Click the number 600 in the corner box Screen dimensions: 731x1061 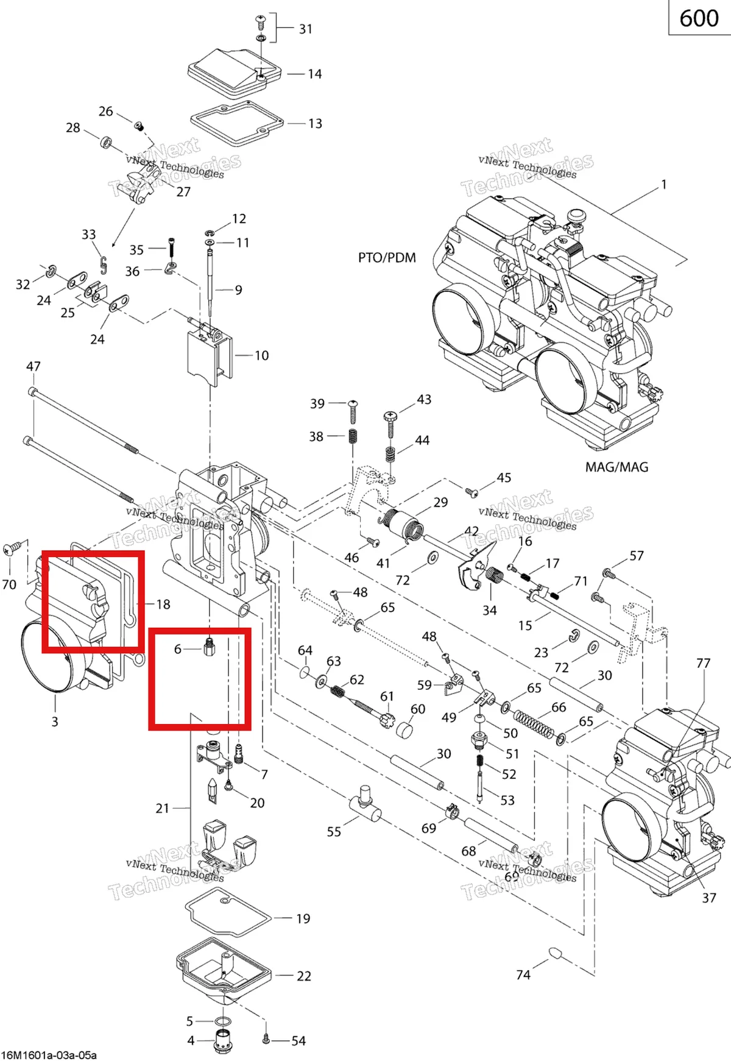pyautogui.click(x=699, y=18)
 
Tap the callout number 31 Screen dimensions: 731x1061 pyautogui.click(x=306, y=29)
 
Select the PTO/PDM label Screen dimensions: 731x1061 pyautogui.click(x=387, y=258)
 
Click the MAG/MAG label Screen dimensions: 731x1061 pyautogui.click(x=616, y=467)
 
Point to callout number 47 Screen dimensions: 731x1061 pyautogui.click(x=34, y=366)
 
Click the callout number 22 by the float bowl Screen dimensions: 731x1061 pyautogui.click(x=304, y=976)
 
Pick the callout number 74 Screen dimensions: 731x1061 pyautogui.click(x=523, y=975)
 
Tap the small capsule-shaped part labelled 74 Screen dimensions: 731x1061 pyautogui.click(x=555, y=953)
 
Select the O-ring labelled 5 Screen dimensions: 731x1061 pyautogui.click(x=224, y=1021)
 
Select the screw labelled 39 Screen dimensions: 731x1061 pyautogui.click(x=353, y=411)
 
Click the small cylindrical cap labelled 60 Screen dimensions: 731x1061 pyautogui.click(x=404, y=729)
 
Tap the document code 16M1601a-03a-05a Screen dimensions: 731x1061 pyautogui.click(x=49, y=1055)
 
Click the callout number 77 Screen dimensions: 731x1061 pyautogui.click(x=704, y=663)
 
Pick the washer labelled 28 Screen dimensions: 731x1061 pyautogui.click(x=106, y=143)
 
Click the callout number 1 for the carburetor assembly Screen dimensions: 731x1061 pyautogui.click(x=664, y=184)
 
